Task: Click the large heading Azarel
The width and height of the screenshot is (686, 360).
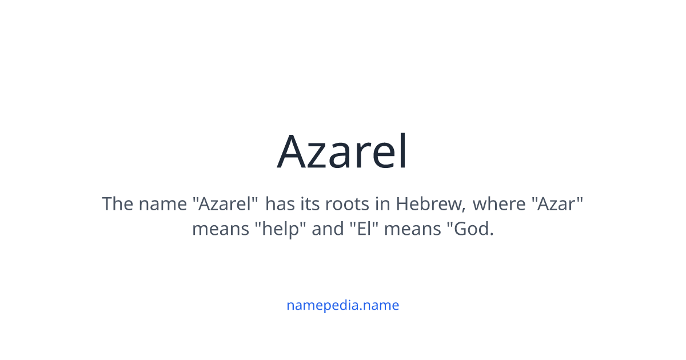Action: [342, 152]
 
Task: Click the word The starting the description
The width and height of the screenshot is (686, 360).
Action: [117, 204]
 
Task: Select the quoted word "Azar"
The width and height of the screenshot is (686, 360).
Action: [560, 204]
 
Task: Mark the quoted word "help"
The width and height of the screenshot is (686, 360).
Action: [280, 230]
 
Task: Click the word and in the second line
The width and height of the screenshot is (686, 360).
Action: [328, 230]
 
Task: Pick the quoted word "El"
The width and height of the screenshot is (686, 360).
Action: [365, 230]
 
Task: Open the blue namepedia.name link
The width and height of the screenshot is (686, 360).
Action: [342, 305]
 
